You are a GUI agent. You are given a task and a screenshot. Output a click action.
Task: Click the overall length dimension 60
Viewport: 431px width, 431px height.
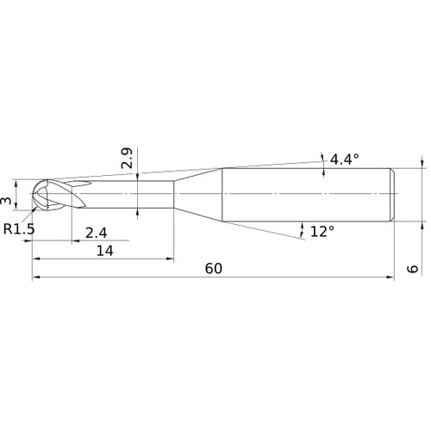[214, 269]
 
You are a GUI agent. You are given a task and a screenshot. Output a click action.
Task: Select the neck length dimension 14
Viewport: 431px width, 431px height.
[105, 251]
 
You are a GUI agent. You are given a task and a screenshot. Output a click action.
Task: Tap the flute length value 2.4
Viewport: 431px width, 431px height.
[97, 233]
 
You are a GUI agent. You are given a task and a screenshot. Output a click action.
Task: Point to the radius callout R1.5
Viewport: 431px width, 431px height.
[19, 229]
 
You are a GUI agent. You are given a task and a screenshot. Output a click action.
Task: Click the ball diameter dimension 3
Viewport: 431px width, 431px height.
[6, 200]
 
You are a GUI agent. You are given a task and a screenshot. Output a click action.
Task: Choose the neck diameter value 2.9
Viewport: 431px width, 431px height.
[127, 158]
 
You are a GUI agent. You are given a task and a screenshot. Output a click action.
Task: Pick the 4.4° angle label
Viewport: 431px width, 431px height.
[345, 159]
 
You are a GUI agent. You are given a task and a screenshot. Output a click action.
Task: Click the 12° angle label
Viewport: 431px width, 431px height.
[322, 231]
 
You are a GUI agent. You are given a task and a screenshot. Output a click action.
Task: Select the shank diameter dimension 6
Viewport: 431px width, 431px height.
[413, 269]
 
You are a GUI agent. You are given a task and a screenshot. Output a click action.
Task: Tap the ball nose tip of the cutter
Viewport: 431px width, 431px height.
[33, 194]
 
